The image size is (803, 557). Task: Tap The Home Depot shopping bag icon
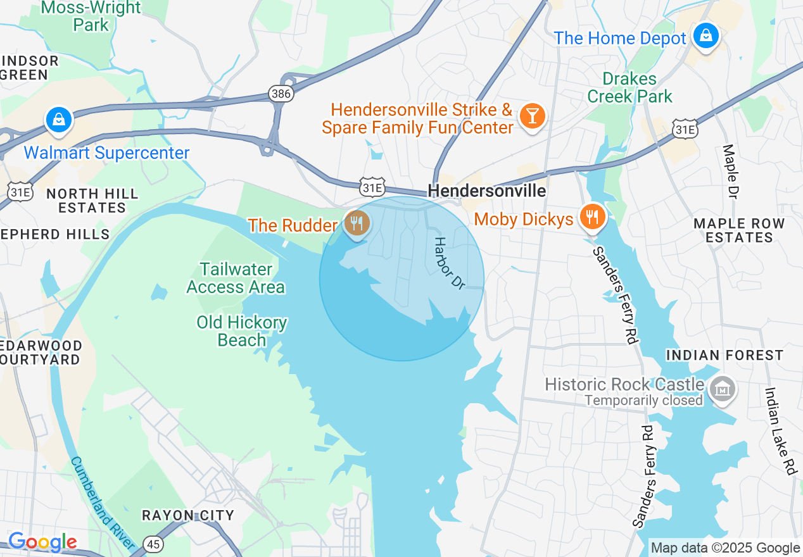705,35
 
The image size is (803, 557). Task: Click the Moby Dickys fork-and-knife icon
592,217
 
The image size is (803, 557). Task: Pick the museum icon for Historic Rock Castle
722,387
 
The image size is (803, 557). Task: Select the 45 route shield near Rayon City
153,543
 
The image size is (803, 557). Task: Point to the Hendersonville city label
486,191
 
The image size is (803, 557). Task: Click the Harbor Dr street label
450,263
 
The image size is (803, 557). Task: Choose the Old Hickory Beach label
241,331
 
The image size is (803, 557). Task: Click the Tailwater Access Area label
236,278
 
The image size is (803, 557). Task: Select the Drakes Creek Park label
629,88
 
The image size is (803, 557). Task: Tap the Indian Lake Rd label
780,431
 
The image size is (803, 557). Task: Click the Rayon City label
187,515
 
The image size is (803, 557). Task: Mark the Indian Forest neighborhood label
724,355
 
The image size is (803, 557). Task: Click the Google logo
42,542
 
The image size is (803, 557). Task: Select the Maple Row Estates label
739,230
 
